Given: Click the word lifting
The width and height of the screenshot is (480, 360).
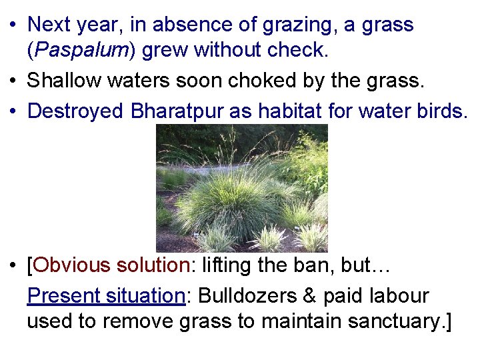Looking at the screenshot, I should coord(224,265).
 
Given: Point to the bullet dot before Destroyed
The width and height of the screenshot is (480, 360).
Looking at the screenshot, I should coord(14,111).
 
